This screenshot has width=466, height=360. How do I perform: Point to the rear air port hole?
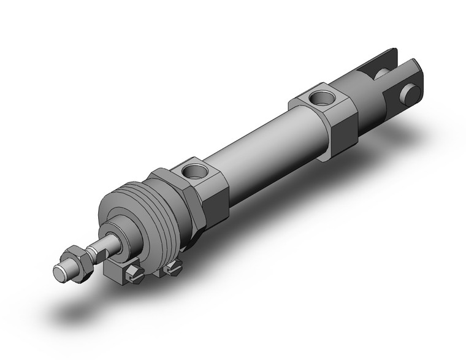pyautogui.click(x=319, y=96)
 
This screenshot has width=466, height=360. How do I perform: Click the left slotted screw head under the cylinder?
pyautogui.click(x=134, y=274)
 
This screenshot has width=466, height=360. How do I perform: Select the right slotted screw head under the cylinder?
pyautogui.click(x=174, y=266)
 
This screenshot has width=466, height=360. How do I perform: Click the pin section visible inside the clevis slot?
pyautogui.click(x=381, y=75)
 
